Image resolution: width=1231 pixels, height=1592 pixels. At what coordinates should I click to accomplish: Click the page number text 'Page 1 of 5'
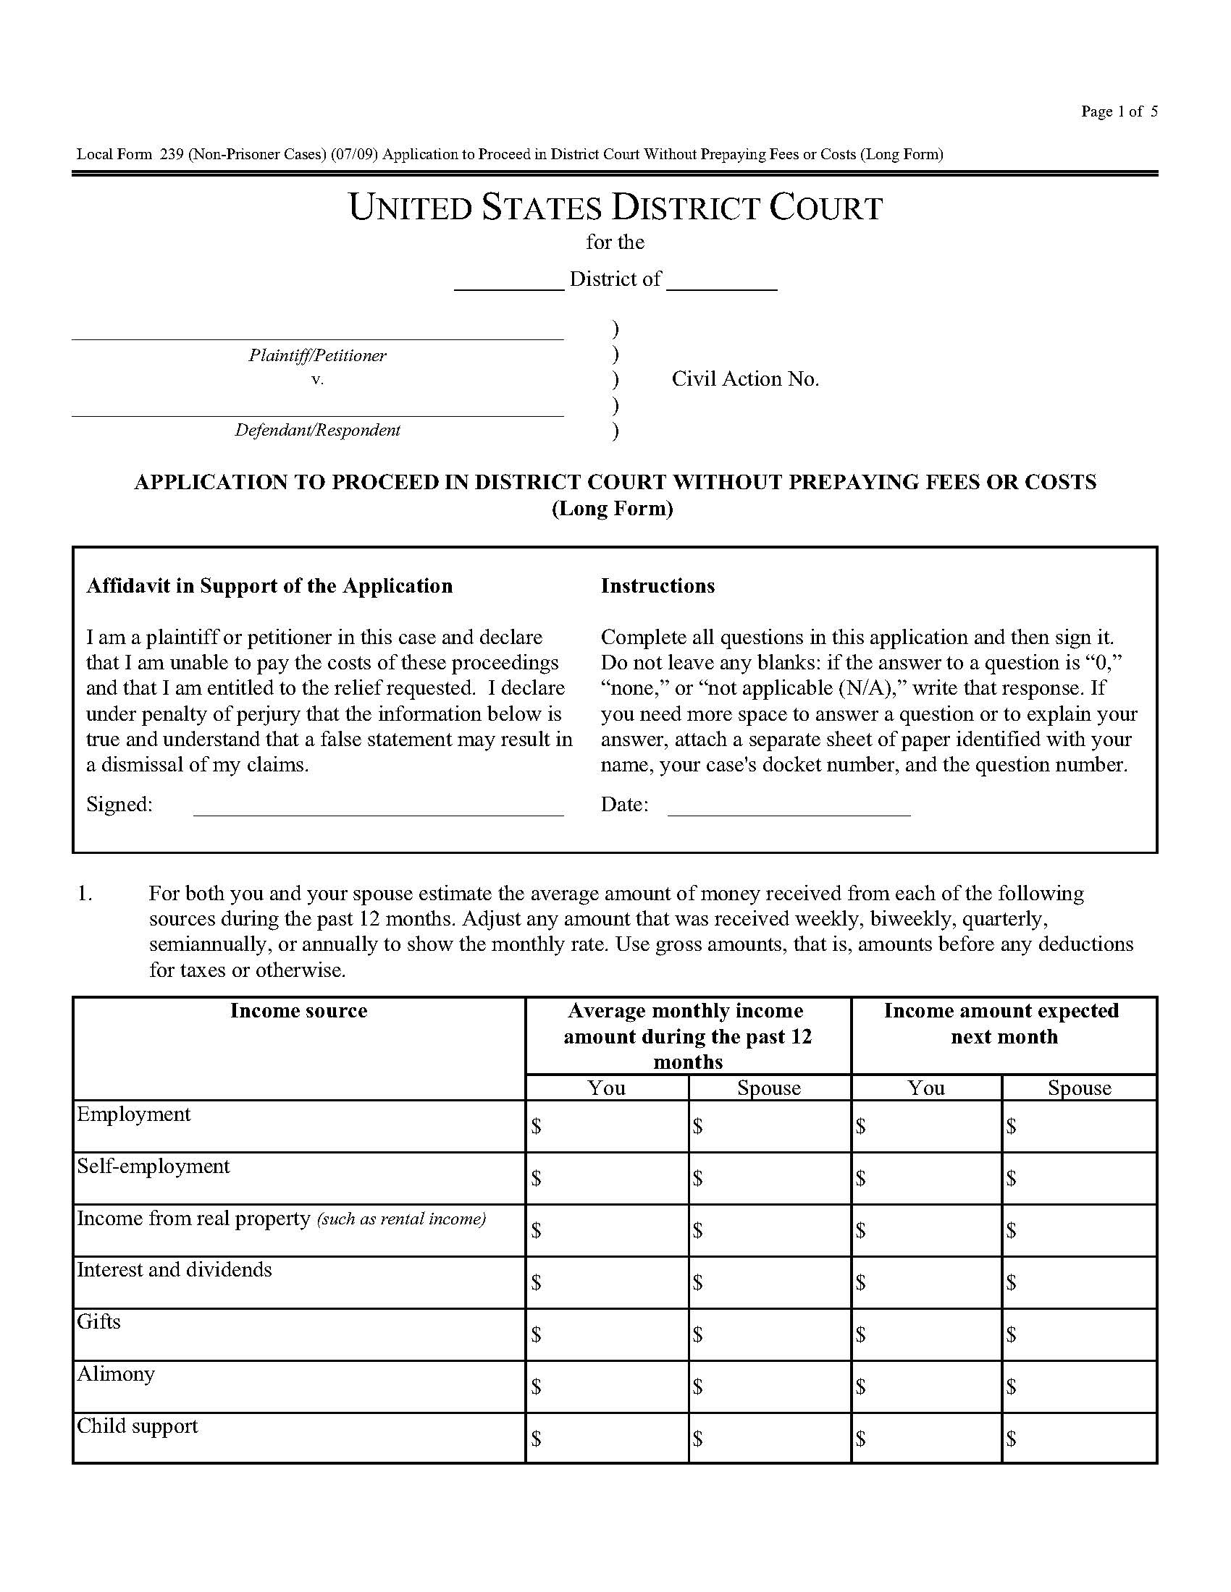(x=1118, y=111)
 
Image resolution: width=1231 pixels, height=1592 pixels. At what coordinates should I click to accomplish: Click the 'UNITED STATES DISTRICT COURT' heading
(x=615, y=208)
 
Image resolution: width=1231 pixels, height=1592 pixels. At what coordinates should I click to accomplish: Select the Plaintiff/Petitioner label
(x=317, y=356)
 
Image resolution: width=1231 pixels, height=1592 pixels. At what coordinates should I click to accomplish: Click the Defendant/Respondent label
(x=317, y=430)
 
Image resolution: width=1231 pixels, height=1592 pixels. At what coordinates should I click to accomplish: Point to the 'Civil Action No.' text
(x=744, y=379)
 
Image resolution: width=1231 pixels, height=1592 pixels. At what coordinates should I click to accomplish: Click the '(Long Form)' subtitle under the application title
(x=612, y=508)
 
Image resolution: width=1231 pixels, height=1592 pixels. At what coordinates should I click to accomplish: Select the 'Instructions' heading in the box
(x=657, y=586)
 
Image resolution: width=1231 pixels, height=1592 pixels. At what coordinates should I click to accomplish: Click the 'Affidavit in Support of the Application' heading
(x=269, y=586)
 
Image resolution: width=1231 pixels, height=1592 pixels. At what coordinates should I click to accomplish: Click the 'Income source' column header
(x=298, y=1010)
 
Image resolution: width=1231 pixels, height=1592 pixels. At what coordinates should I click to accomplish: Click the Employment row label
(x=133, y=1114)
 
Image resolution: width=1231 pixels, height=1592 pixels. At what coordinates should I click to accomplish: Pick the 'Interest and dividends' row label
(x=175, y=1270)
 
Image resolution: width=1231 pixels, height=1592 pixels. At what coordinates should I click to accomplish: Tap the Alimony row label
(x=116, y=1374)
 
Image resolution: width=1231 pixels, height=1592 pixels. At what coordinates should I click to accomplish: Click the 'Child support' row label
(x=137, y=1426)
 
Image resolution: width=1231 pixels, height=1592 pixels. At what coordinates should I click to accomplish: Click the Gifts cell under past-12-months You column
(x=607, y=1334)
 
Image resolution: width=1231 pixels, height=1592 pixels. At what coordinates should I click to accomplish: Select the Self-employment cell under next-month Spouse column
(x=1080, y=1178)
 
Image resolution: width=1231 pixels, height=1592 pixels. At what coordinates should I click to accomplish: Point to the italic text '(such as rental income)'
(x=401, y=1219)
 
